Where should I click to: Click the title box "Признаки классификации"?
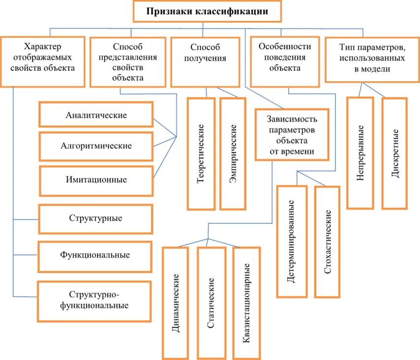(207, 11)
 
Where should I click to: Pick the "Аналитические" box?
(96, 115)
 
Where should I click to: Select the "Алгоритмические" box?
(96, 146)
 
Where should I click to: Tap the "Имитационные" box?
(96, 180)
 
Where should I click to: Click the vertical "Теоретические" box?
(201, 153)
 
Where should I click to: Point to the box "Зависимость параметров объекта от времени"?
(292, 135)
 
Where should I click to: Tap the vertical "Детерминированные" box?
(291, 241)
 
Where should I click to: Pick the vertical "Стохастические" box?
(327, 241)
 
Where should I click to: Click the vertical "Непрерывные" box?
(360, 152)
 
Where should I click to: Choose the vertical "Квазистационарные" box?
(246, 302)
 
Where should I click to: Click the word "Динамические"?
(175, 302)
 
